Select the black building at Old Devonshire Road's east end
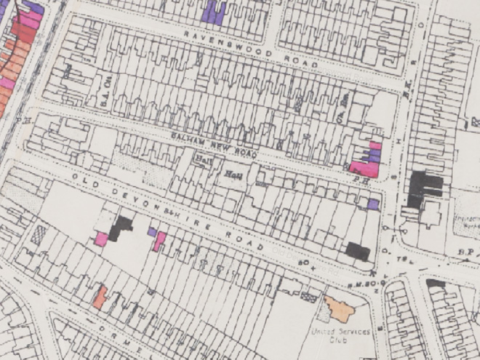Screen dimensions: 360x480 pos(358,252)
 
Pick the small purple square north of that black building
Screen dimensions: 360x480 pos(373,204)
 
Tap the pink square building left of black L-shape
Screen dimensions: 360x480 pos(101,239)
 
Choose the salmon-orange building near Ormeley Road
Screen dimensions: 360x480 pos(100,297)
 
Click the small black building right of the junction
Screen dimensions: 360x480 pos(436,283)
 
